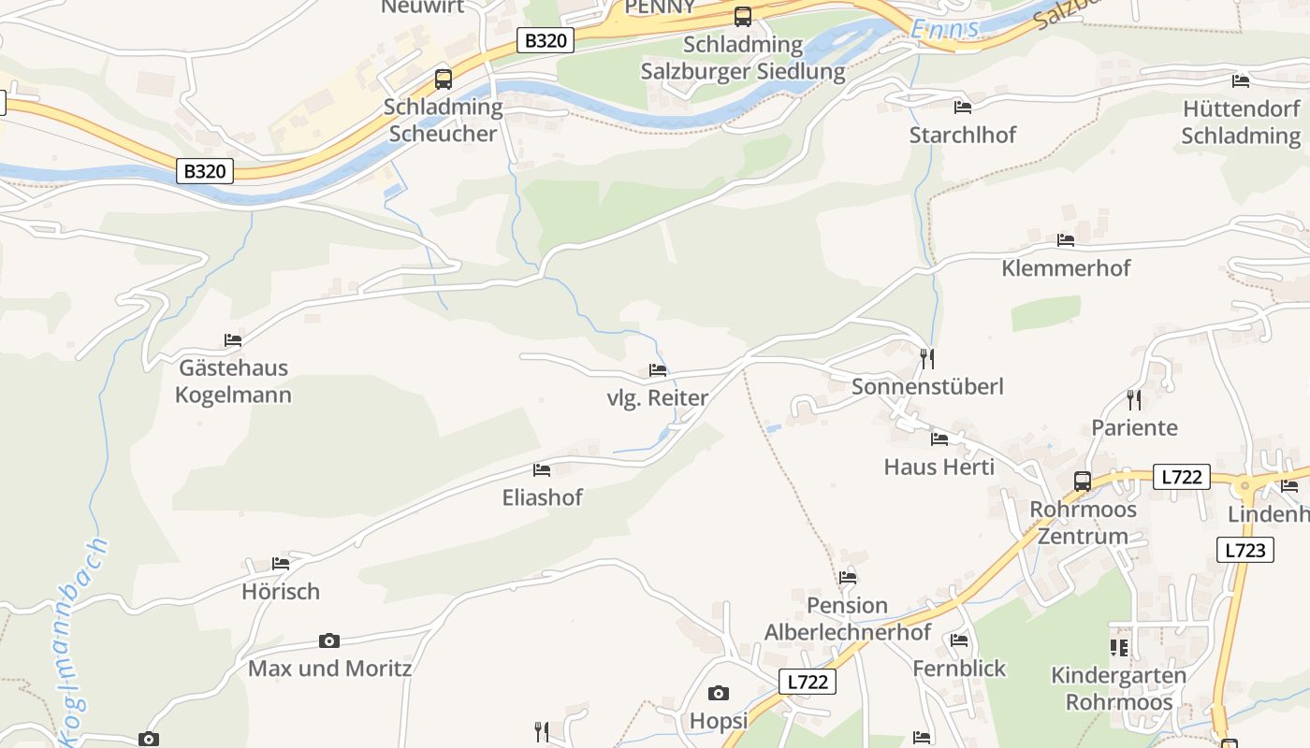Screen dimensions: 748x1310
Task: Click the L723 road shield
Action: coord(1245,550)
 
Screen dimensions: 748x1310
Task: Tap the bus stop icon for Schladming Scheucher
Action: coord(444,79)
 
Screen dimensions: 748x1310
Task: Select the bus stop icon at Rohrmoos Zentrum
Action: coord(1082,482)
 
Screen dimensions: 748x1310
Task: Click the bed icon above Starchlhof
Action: coord(962,107)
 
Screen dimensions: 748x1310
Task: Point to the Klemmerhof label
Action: coord(1066,268)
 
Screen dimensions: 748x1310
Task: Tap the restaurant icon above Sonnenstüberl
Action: coord(927,358)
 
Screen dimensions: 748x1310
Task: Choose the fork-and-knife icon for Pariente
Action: coord(1134,400)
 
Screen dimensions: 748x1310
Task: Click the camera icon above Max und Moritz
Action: coord(328,640)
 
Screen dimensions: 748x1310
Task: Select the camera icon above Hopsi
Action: coord(718,693)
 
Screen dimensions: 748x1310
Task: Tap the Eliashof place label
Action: coord(543,497)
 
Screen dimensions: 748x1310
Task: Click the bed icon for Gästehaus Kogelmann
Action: coord(233,340)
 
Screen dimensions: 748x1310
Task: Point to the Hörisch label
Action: coord(281,592)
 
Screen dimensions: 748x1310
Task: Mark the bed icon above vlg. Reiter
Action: coord(658,370)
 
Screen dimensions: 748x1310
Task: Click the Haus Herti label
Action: coord(939,466)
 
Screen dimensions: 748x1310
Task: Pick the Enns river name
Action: coord(945,29)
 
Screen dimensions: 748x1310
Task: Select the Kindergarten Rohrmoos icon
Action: coord(1118,647)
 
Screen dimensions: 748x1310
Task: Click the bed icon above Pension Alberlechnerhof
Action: coord(848,577)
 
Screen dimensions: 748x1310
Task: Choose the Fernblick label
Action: coord(959,669)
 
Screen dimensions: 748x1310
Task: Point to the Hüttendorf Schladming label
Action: coord(1241,122)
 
